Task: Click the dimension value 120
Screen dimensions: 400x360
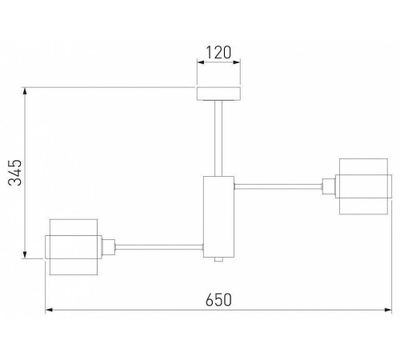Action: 218,53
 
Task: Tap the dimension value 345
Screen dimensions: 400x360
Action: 14,173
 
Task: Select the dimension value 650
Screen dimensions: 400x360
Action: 218,300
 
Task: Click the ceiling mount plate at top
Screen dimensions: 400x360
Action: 218,94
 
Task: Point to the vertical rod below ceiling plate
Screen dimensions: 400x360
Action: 218,138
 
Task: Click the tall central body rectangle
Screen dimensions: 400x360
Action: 218,217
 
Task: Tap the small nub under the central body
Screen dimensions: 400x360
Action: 218,259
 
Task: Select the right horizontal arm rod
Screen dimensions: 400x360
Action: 278,186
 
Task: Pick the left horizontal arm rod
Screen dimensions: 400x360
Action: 159,247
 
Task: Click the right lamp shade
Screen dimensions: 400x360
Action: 363,186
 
